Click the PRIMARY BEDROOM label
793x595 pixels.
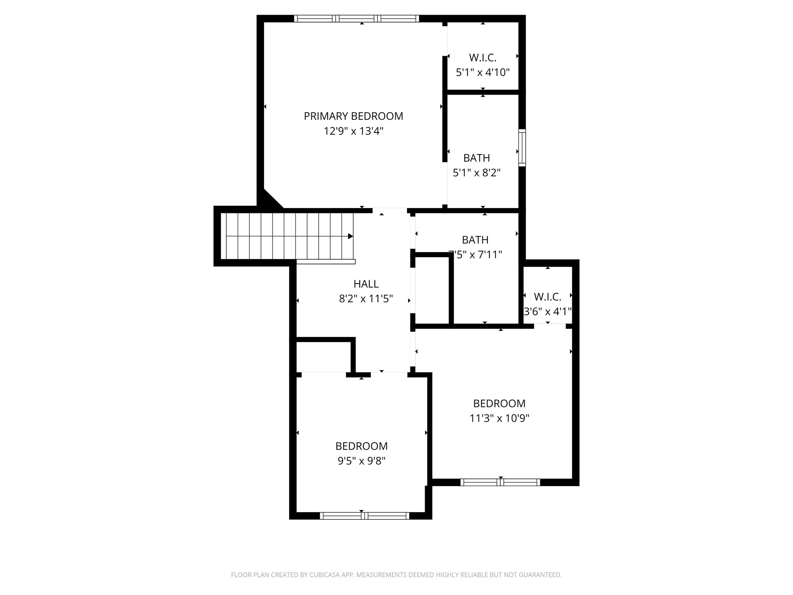tap(353, 116)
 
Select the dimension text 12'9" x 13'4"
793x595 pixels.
tap(353, 131)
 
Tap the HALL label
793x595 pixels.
tap(366, 284)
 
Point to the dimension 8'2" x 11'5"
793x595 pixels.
tap(366, 299)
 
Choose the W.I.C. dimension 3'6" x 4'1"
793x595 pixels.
tap(548, 311)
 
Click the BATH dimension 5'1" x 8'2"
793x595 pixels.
tap(477, 172)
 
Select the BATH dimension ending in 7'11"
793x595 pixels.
tap(475, 255)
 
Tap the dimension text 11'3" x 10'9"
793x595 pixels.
tap(499, 418)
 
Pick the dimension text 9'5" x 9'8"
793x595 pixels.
tap(361, 461)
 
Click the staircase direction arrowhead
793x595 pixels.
tap(350, 236)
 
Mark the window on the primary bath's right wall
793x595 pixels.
tap(522, 148)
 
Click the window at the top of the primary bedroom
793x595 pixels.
tap(356, 19)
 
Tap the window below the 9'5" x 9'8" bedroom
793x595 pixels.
tap(364, 516)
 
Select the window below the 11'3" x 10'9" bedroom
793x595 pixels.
tap(500, 482)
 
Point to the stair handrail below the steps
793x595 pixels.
tap(326, 262)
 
